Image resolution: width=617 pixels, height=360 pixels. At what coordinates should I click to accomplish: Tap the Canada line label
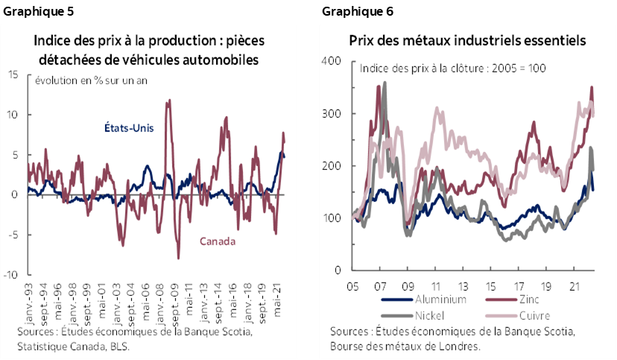pos(217,241)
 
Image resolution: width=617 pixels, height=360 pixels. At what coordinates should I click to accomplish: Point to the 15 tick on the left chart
pos(14,75)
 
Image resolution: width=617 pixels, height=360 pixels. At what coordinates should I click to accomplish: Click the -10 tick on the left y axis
pos(12,274)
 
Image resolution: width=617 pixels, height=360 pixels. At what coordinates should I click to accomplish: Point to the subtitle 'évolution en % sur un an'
pos(81,80)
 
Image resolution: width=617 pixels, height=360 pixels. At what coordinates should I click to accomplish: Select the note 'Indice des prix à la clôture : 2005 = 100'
pos(453,68)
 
